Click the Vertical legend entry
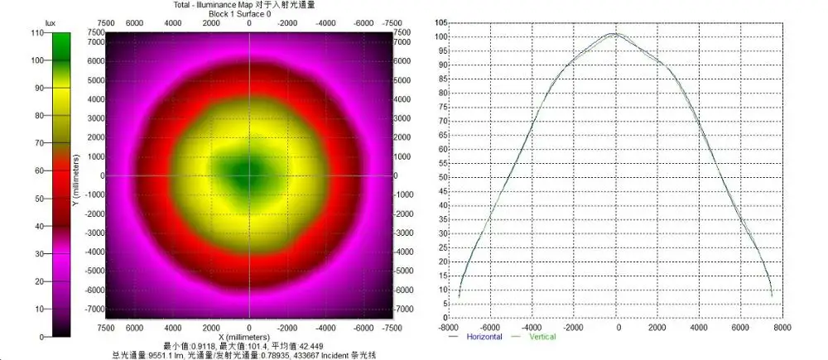(x=542, y=337)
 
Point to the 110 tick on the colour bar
(x=36, y=32)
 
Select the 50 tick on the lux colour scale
(x=38, y=199)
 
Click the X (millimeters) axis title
(x=249, y=338)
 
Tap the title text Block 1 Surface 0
(x=249, y=14)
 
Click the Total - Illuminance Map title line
(x=249, y=5)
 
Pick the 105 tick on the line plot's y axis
(x=440, y=22)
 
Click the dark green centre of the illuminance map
(x=244, y=173)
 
